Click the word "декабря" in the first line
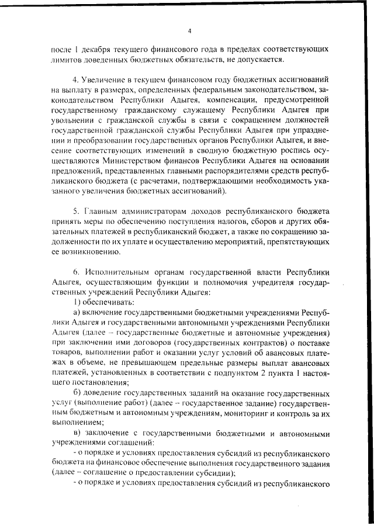[96, 49]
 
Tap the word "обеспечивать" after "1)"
[102, 303]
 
